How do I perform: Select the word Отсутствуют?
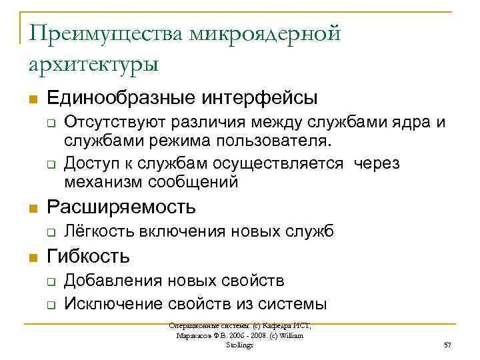115,123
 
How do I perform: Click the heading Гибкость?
89,255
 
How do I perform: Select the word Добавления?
111,281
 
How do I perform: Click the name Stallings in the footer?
239,345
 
